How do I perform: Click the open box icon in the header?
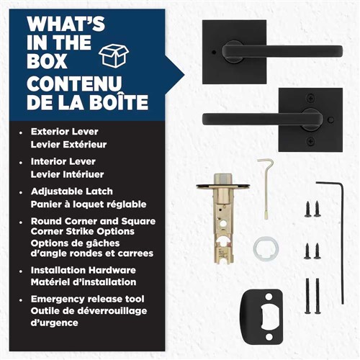coord(114,55)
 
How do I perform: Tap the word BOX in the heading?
coord(47,61)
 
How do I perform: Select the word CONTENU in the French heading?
coord(74,84)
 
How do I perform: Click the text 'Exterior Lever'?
coord(65,132)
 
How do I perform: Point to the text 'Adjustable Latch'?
coord(72,192)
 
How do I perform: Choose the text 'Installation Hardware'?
coord(84,270)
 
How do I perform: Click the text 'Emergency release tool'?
coord(88,299)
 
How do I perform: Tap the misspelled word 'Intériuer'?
coord(87,174)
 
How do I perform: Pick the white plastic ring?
coord(266,248)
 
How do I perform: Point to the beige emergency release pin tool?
coord(266,189)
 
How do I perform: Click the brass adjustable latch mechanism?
coord(223,216)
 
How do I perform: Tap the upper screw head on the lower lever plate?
coord(311,98)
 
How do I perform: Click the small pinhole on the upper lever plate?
coord(215,52)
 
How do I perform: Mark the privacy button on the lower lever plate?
coord(332,120)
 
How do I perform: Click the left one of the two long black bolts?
coord(308,296)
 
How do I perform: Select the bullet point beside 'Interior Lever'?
coord(21,163)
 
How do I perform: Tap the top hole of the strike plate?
coord(269,297)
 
